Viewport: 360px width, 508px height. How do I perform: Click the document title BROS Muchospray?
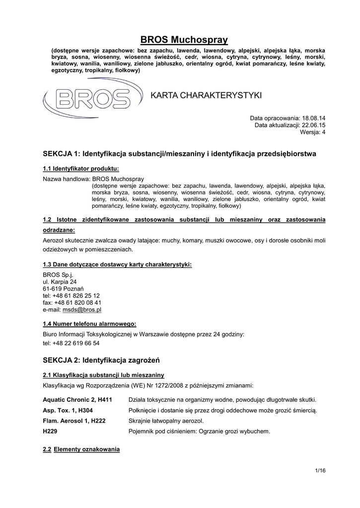184,39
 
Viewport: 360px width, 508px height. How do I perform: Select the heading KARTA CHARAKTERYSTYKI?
206,95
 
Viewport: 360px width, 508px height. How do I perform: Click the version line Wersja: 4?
313,132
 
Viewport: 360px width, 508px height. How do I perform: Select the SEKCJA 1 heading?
179,154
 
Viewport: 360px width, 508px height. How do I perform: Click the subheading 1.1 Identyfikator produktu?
81,168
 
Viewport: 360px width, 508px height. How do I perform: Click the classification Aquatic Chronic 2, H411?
77,400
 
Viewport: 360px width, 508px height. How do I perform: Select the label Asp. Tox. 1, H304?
68,410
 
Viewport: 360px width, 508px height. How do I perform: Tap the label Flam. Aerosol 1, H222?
74,421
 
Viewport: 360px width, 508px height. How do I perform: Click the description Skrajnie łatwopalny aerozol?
166,421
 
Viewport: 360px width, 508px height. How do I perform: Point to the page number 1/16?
320,470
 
